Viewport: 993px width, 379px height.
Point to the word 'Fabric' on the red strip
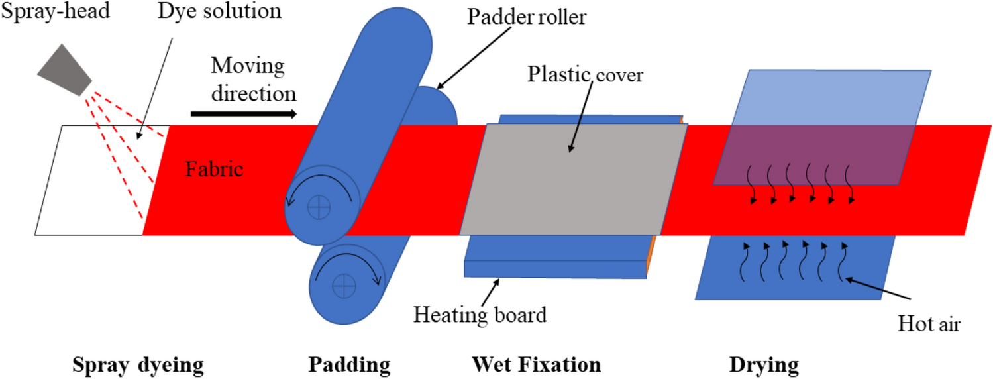tap(214, 169)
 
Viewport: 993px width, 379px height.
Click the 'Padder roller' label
tap(527, 17)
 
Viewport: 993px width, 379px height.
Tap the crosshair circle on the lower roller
tap(344, 286)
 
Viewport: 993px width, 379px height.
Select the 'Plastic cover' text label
tap(585, 75)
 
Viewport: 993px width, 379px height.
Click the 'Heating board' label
tap(480, 314)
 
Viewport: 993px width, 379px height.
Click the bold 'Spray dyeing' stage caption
tap(138, 364)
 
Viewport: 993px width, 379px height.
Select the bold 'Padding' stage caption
tap(348, 364)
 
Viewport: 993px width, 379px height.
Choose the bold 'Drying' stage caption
tap(764, 364)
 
